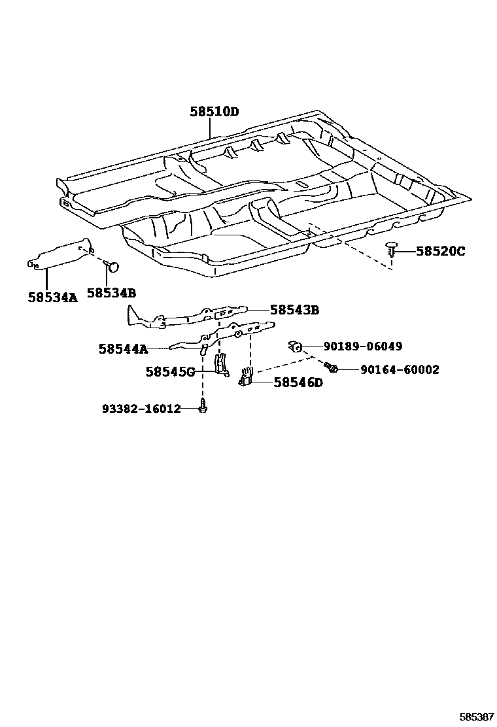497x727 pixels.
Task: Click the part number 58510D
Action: click(214, 112)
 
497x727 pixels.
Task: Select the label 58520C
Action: click(440, 251)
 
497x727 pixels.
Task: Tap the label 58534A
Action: click(52, 297)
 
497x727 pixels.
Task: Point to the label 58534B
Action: click(111, 294)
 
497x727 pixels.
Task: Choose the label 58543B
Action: click(294, 310)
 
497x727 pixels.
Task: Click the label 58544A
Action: click(124, 349)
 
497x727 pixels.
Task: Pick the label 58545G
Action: click(170, 372)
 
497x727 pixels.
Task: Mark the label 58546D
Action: click(298, 382)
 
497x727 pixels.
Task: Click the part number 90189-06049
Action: click(363, 347)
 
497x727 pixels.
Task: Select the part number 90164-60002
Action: click(400, 370)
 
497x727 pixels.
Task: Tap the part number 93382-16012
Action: click(141, 409)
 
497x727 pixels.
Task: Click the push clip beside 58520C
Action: click(390, 249)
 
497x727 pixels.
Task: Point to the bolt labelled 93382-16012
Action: click(203, 407)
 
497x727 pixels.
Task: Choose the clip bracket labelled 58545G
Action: click(222, 364)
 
